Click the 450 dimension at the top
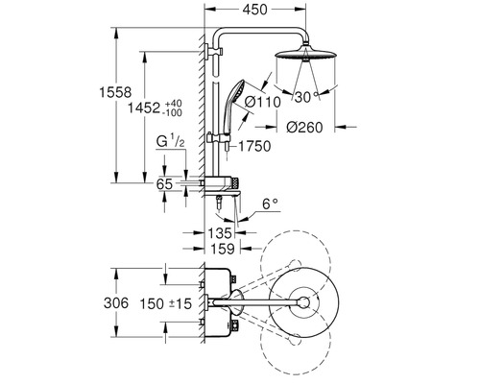click(x=254, y=10)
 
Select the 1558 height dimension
click(x=115, y=92)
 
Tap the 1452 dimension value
click(x=144, y=108)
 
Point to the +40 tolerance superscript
click(x=173, y=104)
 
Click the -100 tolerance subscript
click(x=173, y=112)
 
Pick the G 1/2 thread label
click(x=171, y=141)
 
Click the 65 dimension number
click(x=164, y=184)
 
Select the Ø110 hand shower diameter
click(x=262, y=103)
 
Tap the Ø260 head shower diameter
click(x=304, y=128)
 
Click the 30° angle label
click(x=306, y=97)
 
